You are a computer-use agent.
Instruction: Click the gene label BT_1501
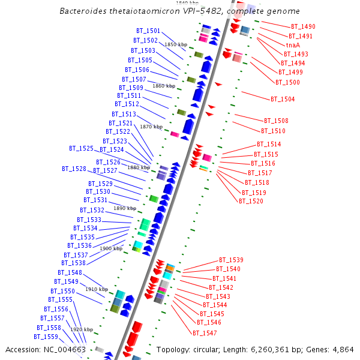click(x=148, y=31)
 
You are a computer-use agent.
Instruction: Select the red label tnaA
click(x=293, y=45)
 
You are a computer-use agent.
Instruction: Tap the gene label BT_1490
click(x=303, y=27)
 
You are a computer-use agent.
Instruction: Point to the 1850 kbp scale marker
click(x=176, y=44)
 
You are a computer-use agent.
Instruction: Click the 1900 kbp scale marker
click(x=111, y=248)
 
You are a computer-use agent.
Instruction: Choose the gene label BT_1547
click(x=205, y=332)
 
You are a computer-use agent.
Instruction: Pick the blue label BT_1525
click(x=81, y=148)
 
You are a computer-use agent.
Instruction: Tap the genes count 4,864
click(x=341, y=350)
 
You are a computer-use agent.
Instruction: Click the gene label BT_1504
click(x=283, y=99)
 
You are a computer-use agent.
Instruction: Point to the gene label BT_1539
click(x=231, y=260)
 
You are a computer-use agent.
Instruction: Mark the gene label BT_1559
click(x=46, y=337)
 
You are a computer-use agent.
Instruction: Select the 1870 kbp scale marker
click(x=151, y=127)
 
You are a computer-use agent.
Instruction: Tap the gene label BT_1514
click(x=269, y=144)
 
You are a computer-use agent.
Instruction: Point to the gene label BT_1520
click(x=251, y=201)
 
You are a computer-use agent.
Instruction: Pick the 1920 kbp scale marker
click(x=81, y=329)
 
